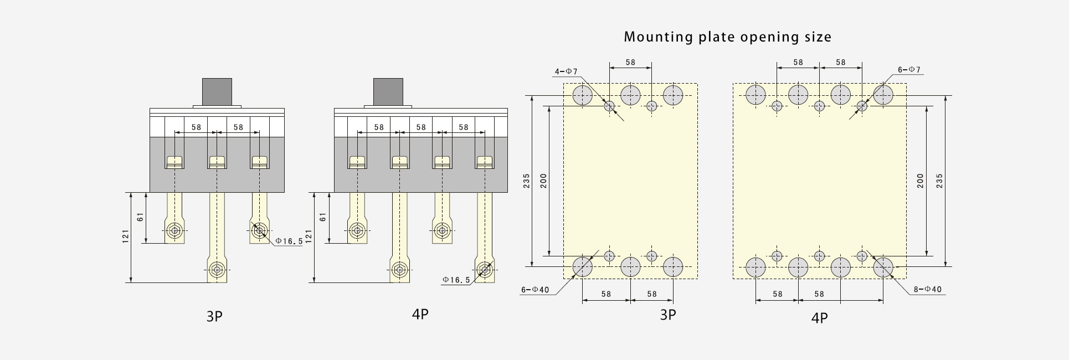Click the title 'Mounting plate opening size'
727,38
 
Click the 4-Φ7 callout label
566,71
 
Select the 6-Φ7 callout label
909,70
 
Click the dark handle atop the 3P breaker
217,91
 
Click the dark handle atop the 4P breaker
388,91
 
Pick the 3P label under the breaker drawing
214,316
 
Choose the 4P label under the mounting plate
819,318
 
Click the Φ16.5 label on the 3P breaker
289,241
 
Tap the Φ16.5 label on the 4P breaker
456,280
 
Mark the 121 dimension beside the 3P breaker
126,235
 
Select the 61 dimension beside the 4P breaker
323,217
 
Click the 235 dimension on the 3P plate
527,181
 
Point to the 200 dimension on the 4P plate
920,181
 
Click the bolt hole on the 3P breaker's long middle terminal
217,271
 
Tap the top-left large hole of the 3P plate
582,95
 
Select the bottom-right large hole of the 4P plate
883,267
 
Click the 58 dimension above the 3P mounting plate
630,62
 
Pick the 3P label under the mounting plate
668,315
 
